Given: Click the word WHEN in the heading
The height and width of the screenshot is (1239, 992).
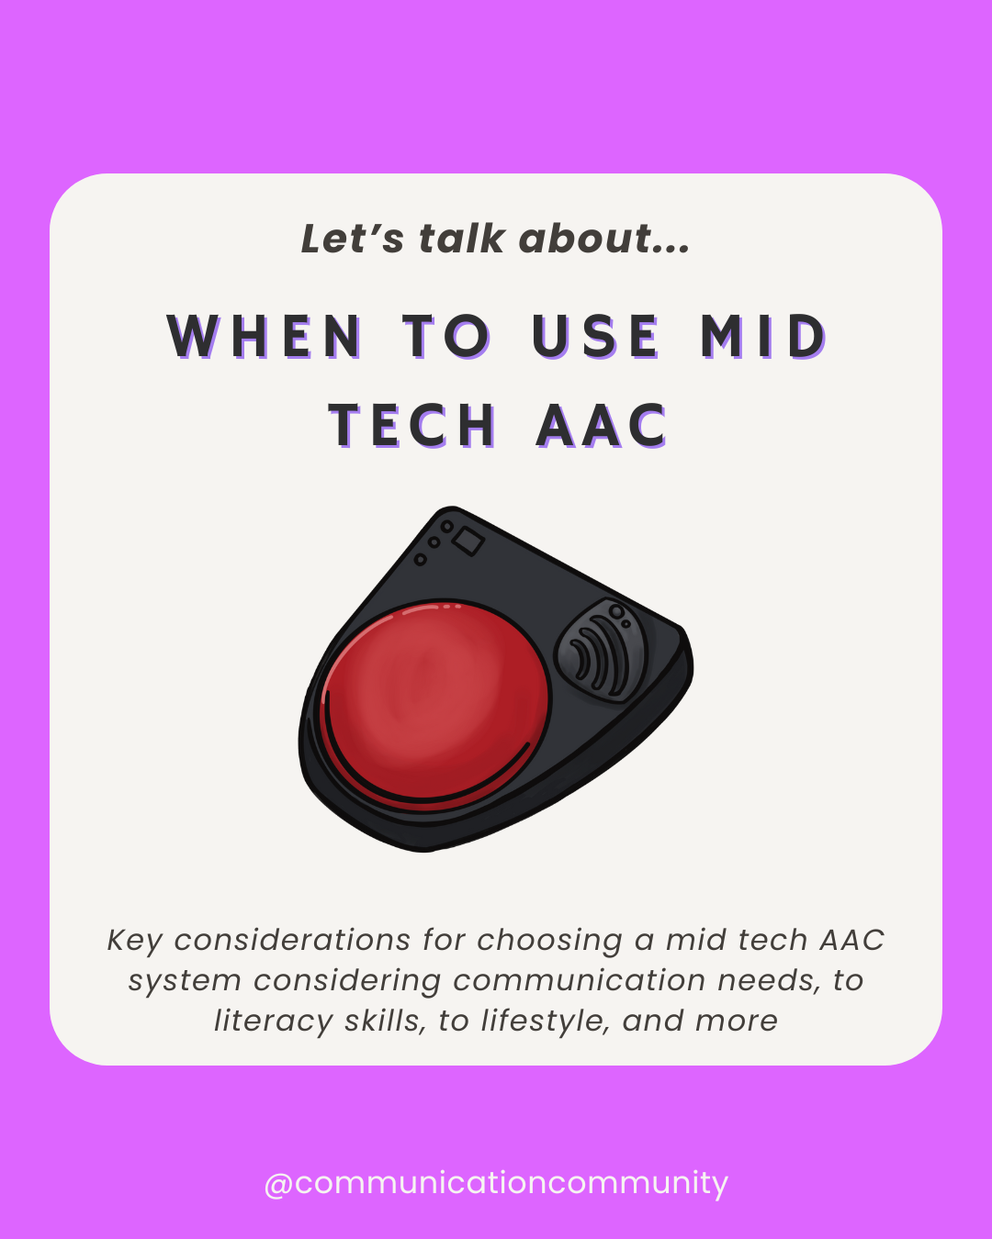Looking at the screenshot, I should point(265,336).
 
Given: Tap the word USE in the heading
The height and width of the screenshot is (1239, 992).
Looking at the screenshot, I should point(596,336).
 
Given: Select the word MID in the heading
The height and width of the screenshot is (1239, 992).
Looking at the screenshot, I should point(764,336).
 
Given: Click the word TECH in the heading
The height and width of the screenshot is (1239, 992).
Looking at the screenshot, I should point(412,426).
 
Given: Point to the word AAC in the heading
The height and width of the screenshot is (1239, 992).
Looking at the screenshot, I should point(603,426).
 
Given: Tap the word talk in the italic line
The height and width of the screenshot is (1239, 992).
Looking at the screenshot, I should point(462,239).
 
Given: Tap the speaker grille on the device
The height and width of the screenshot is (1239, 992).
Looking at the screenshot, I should point(602,651).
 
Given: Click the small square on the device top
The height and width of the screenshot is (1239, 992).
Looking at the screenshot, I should point(468,541).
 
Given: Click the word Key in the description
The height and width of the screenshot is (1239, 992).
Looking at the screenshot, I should point(135,941).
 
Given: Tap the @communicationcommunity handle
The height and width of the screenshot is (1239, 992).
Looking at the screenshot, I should point(496,1183).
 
